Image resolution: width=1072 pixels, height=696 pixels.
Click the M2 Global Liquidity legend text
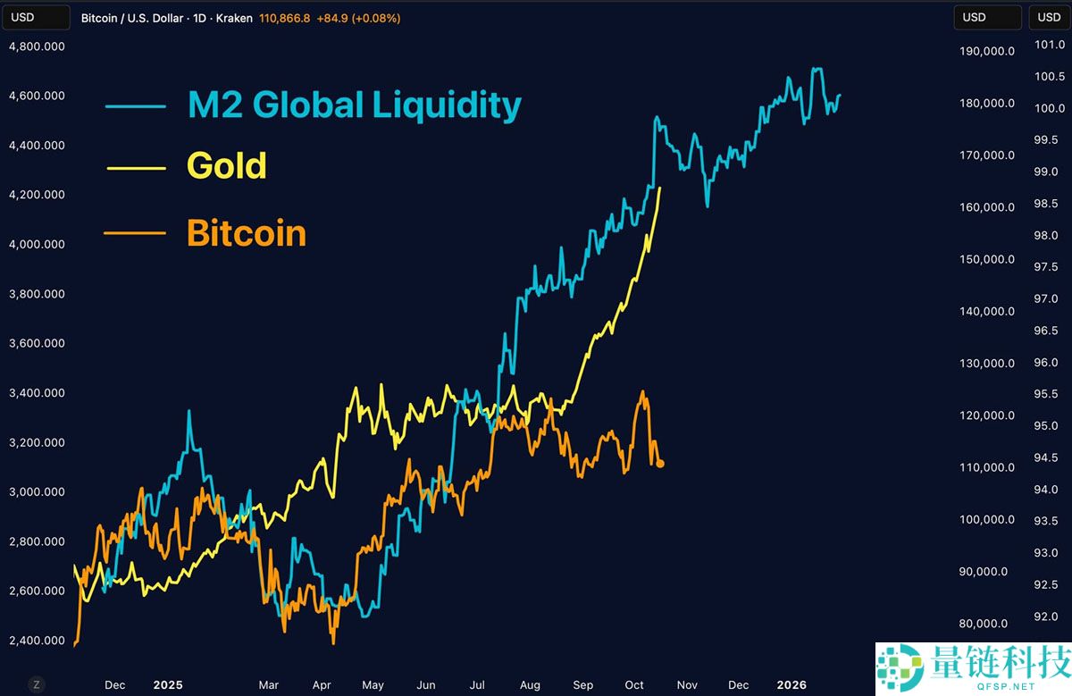point(354,105)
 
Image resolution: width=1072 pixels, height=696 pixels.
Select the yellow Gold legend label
point(227,165)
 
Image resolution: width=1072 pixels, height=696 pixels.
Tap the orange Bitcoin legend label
point(247,233)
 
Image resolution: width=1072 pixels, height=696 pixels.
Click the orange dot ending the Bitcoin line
point(659,463)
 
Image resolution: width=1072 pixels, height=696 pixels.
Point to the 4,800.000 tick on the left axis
point(37,46)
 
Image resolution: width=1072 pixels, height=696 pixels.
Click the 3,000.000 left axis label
point(37,491)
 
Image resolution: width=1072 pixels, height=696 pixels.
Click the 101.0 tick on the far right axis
point(1044,45)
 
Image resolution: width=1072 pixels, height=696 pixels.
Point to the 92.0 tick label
point(1044,616)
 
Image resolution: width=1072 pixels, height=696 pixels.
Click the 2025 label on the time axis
point(167,685)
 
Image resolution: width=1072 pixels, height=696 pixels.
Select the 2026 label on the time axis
point(791,685)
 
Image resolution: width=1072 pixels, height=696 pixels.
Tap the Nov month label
point(686,685)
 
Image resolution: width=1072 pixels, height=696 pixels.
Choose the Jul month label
point(478,685)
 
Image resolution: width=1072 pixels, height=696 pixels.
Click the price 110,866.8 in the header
point(284,18)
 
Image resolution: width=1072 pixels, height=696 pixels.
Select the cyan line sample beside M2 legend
point(136,105)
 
